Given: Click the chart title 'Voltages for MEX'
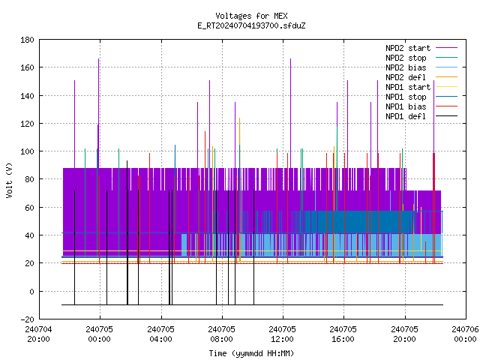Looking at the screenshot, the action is click(251, 16).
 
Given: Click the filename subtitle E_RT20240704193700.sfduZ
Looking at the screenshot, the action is click(251, 25).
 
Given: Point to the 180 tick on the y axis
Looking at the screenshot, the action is click(27, 40).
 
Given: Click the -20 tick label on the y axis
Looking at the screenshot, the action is click(27, 319).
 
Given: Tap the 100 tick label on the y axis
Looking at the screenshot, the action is click(27, 151).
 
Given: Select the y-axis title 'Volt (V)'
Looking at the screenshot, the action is click(9, 180).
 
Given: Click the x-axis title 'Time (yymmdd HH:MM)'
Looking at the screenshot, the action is click(251, 353).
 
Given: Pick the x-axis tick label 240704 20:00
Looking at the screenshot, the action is click(38, 334).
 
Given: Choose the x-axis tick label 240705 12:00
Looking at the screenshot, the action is click(282, 334).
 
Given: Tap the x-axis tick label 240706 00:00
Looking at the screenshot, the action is click(465, 334).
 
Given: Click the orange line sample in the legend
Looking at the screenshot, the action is click(446, 77).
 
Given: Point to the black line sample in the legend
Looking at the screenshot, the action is click(446, 116).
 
